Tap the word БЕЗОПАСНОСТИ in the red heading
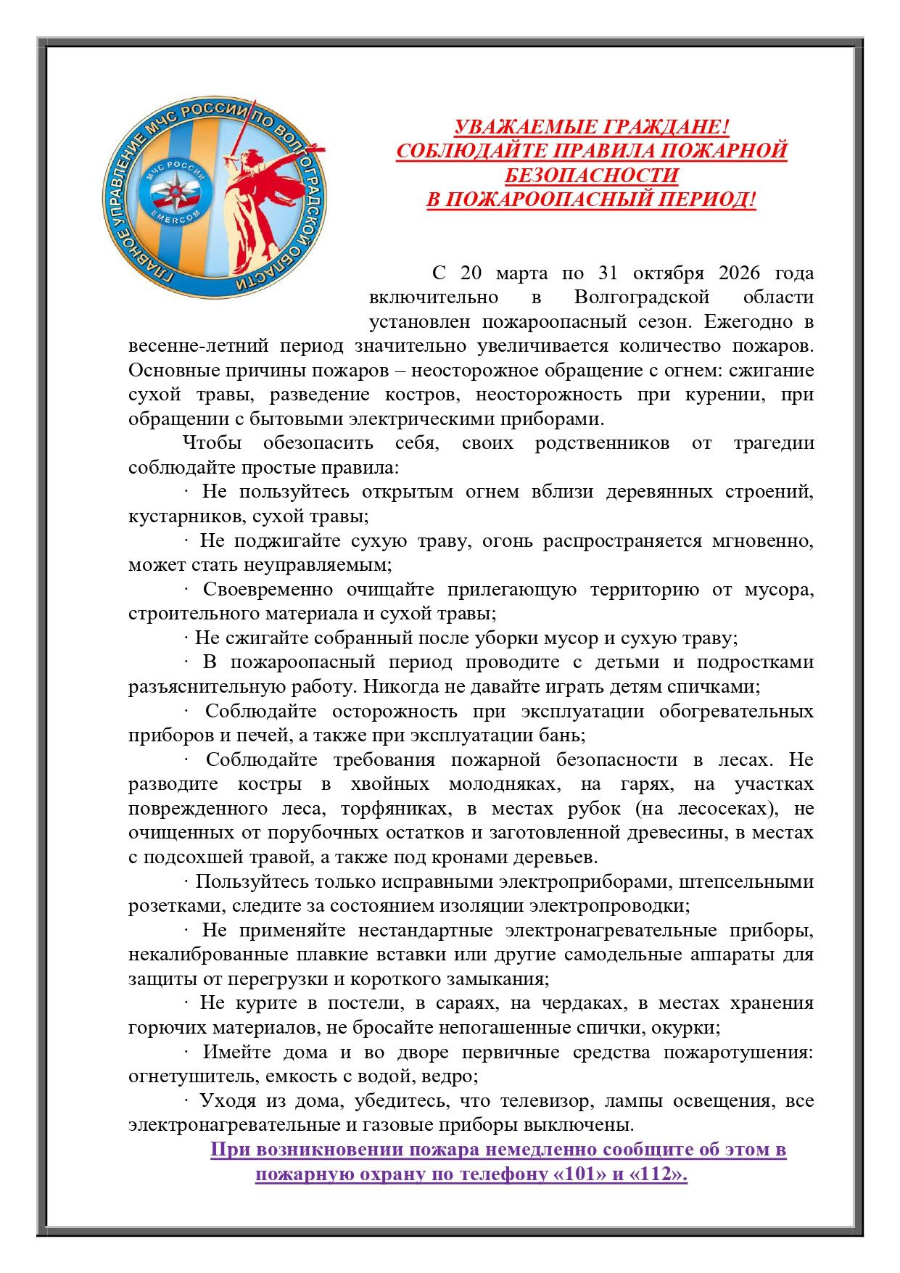[x=591, y=176]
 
